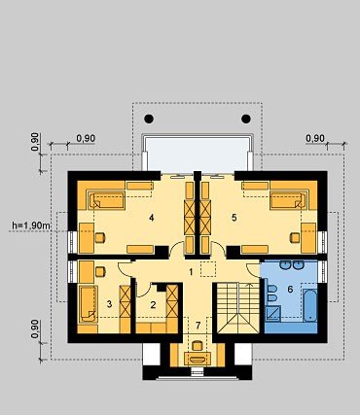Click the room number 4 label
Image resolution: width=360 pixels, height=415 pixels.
pyautogui.click(x=151, y=218)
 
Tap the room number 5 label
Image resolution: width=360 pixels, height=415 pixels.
pyautogui.click(x=234, y=218)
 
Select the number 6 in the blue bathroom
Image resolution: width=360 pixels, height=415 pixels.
pyautogui.click(x=290, y=289)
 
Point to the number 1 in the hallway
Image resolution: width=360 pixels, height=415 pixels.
pyautogui.click(x=191, y=272)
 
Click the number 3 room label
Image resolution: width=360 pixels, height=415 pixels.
pyautogui.click(x=109, y=304)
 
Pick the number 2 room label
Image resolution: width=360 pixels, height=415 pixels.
pyautogui.click(x=153, y=304)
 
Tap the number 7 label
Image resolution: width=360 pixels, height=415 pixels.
pyautogui.click(x=198, y=325)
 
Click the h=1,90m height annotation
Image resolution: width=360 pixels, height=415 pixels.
pyautogui.click(x=31, y=225)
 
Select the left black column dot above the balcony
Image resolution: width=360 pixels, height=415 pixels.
pyautogui.click(x=149, y=119)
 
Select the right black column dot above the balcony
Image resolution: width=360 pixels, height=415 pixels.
pyautogui.click(x=246, y=119)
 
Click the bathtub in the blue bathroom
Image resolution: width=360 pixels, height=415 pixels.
pyautogui.click(x=310, y=305)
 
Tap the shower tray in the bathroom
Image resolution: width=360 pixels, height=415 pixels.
pyautogui.click(x=272, y=314)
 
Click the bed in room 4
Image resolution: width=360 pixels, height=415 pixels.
pyautogui.click(x=106, y=200)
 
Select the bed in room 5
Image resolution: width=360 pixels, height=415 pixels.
pyautogui.click(x=289, y=200)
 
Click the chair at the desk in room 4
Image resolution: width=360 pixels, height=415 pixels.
pyautogui.click(x=100, y=238)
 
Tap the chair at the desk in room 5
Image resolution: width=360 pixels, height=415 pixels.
pyautogui.click(x=295, y=238)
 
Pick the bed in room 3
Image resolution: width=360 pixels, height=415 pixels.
pyautogui.click(x=88, y=304)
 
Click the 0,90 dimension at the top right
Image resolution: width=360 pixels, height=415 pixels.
pyautogui.click(x=315, y=138)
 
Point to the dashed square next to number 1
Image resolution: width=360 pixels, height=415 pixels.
pyautogui.click(x=208, y=269)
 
